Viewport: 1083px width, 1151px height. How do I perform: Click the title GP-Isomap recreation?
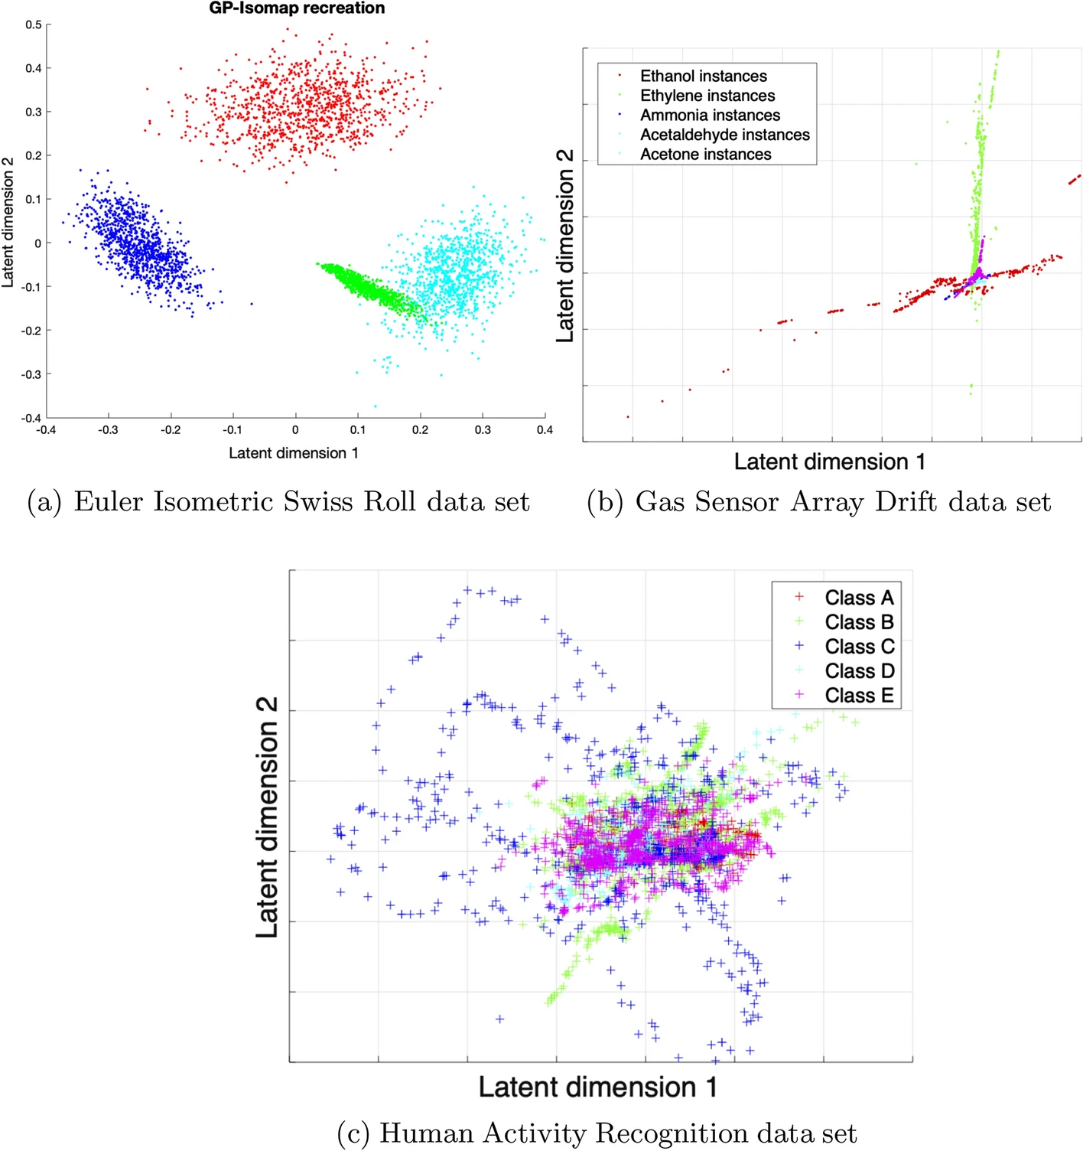pyautogui.click(x=297, y=8)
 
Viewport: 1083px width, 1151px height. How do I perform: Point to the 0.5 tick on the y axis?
pyautogui.click(x=34, y=24)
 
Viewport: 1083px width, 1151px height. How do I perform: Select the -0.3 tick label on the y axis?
pyautogui.click(x=31, y=374)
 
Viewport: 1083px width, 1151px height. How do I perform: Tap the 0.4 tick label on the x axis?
pyautogui.click(x=545, y=430)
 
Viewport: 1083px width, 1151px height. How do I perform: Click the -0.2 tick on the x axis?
pyautogui.click(x=171, y=430)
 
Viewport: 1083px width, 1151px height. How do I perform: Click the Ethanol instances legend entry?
pyautogui.click(x=703, y=76)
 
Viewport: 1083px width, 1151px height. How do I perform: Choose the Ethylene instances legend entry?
pyautogui.click(x=707, y=96)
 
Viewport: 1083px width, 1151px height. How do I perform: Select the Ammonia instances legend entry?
pyautogui.click(x=710, y=115)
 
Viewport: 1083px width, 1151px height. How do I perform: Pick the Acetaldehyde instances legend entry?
pyautogui.click(x=724, y=135)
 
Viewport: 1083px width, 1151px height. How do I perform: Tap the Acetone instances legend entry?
pyautogui.click(x=705, y=154)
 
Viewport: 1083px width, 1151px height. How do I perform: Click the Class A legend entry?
pyautogui.click(x=858, y=598)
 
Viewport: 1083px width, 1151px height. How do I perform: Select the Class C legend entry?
pyautogui.click(x=858, y=647)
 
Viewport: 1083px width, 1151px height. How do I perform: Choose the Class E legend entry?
pyautogui.click(x=858, y=696)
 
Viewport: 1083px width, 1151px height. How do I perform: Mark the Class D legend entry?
pyautogui.click(x=858, y=671)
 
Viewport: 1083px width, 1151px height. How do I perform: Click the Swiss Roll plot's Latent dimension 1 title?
pyautogui.click(x=294, y=453)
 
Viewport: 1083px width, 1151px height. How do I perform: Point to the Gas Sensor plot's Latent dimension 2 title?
pyautogui.click(x=564, y=245)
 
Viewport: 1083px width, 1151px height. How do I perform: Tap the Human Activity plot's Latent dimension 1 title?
pyautogui.click(x=598, y=1087)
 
